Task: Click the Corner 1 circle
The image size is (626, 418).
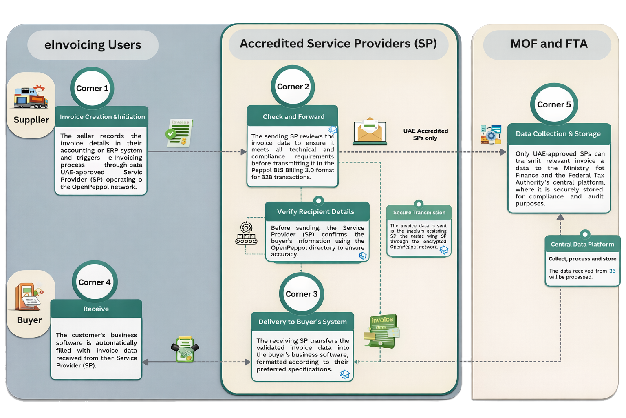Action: tap(92, 89)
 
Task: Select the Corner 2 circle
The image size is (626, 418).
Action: tap(293, 87)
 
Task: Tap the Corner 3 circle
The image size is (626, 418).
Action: tap(302, 294)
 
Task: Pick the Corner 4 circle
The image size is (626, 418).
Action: tap(95, 282)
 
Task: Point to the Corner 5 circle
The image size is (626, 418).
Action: tap(554, 105)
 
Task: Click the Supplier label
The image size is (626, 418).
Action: tap(31, 120)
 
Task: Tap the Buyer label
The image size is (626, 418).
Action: tap(29, 320)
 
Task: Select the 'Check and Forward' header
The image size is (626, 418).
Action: tap(293, 117)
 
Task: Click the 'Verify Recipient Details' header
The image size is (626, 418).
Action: tap(315, 212)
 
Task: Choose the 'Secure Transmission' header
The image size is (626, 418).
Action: tap(419, 213)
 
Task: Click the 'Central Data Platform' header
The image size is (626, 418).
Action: tap(582, 245)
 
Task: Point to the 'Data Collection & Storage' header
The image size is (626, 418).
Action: tap(558, 134)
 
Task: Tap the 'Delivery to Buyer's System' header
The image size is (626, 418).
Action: tap(302, 322)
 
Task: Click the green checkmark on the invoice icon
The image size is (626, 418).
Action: tap(171, 133)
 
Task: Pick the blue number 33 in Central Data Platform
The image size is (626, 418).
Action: tap(612, 271)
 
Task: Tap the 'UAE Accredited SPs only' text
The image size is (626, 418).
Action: tap(425, 134)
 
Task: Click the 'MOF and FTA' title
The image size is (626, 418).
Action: tap(549, 44)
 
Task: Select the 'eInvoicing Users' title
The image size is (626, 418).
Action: tap(93, 45)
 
